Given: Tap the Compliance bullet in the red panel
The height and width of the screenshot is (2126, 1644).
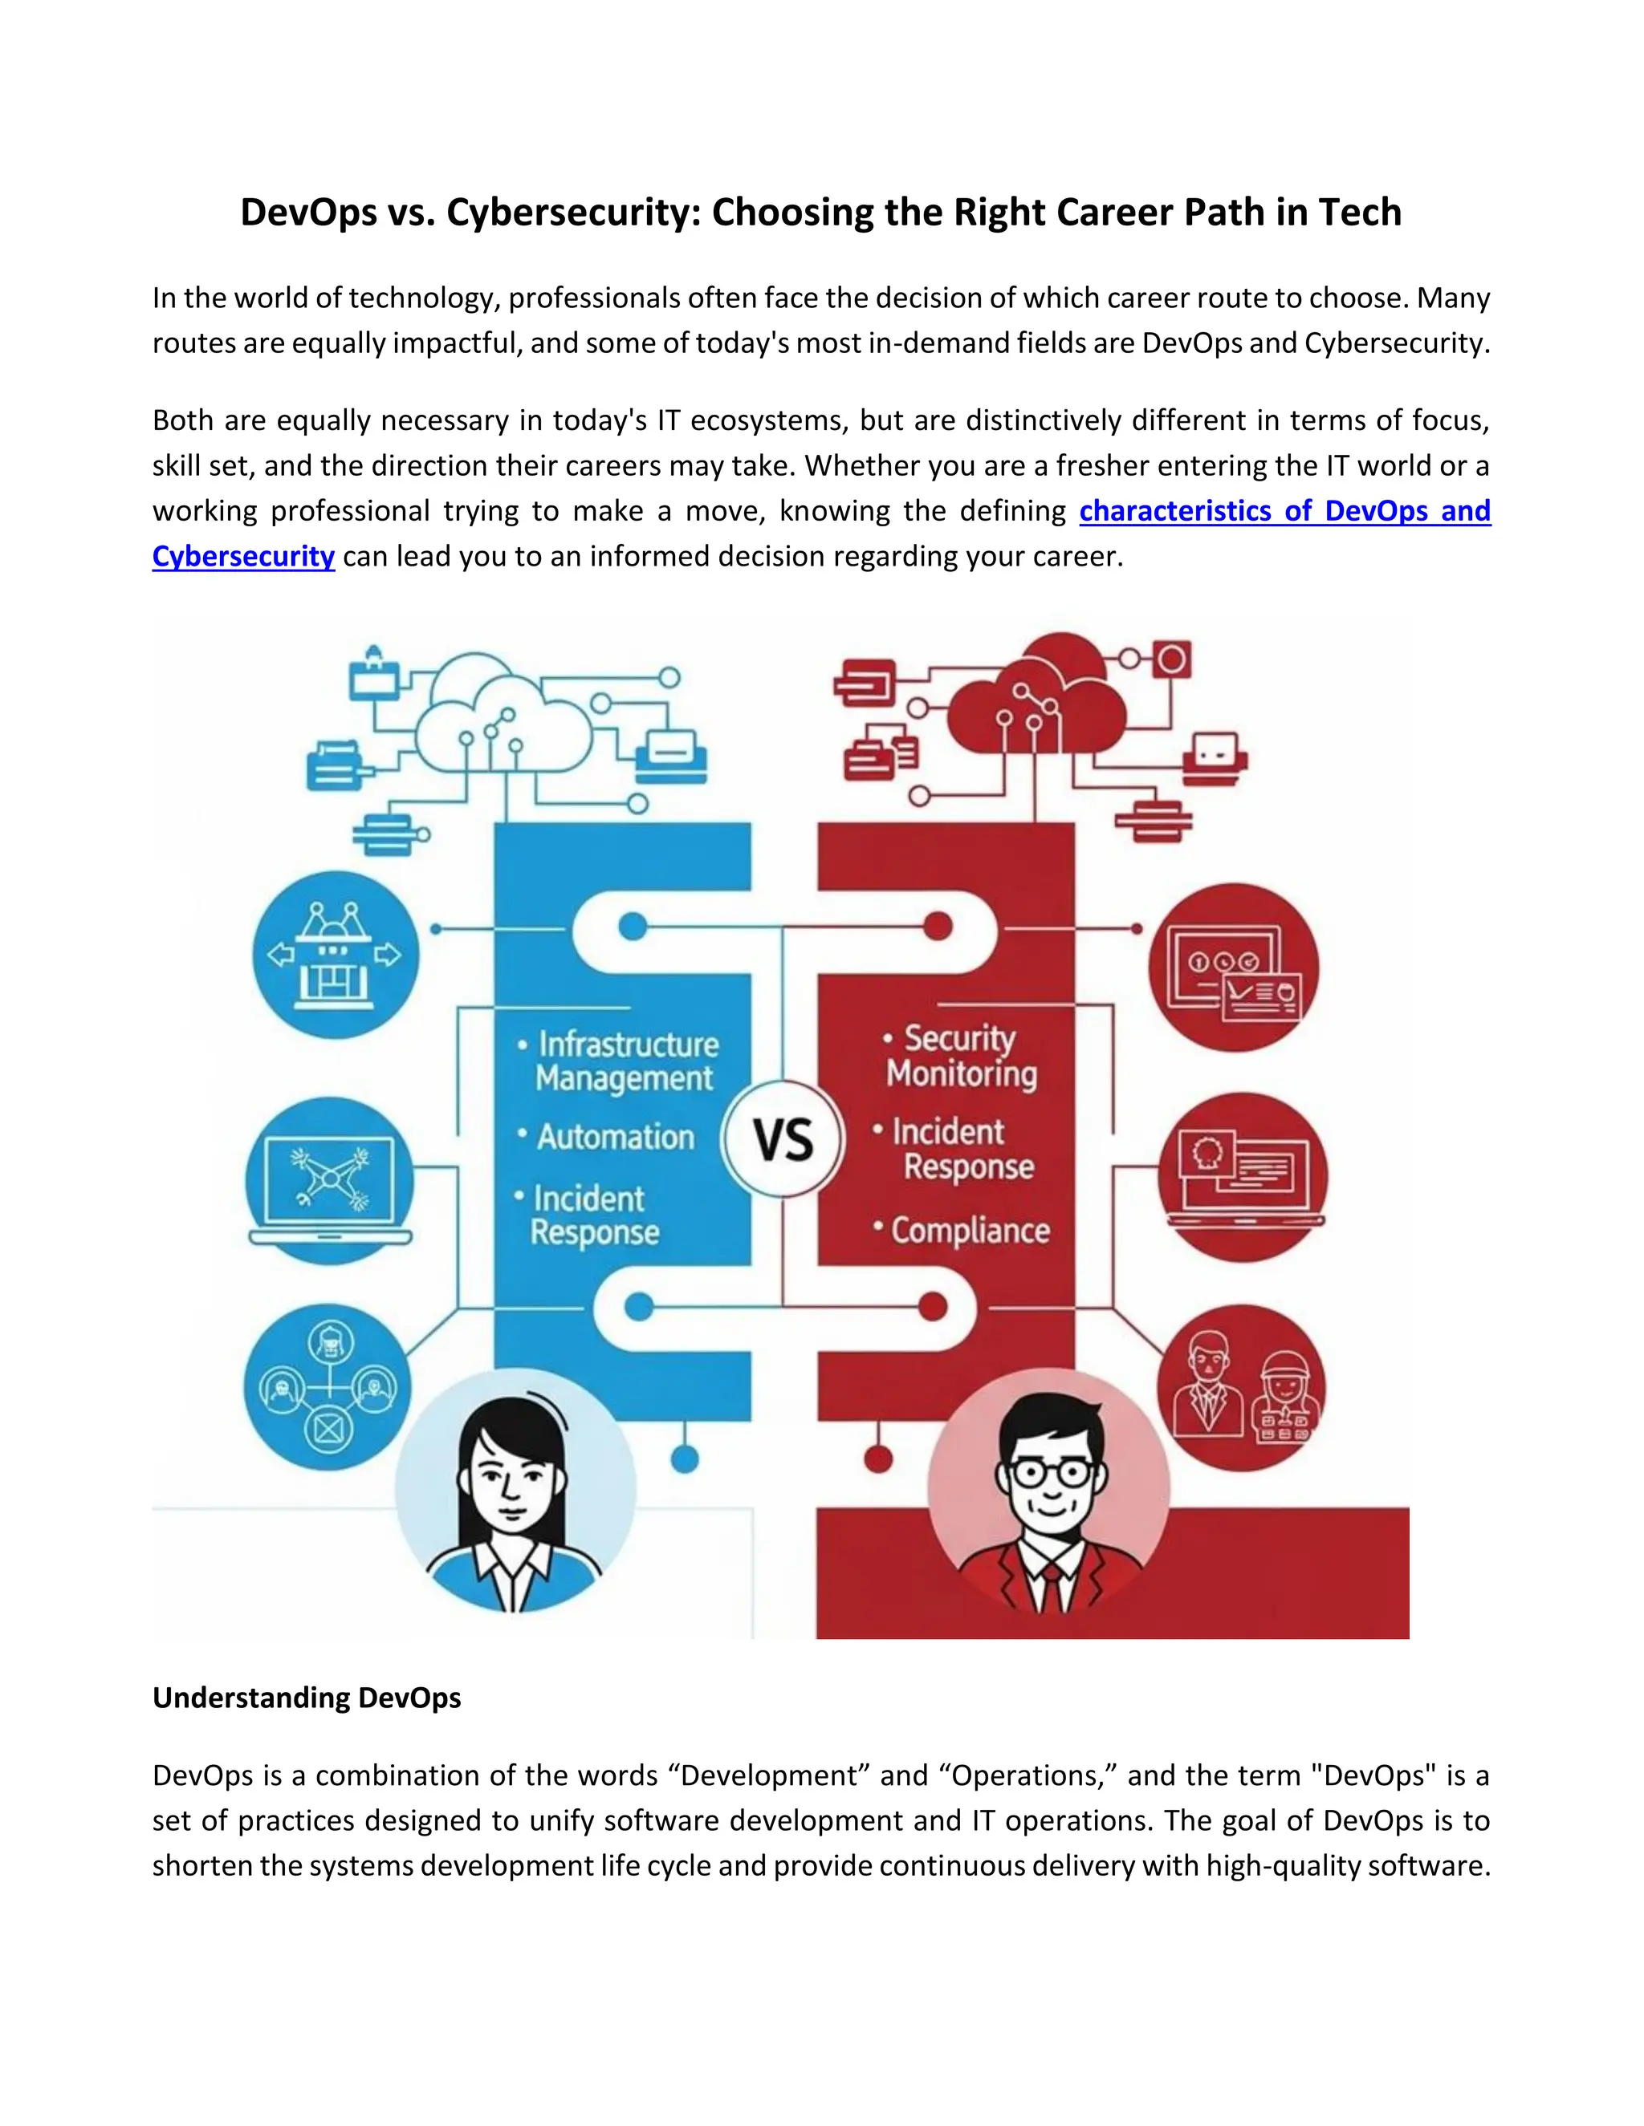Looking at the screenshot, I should click(970, 1231).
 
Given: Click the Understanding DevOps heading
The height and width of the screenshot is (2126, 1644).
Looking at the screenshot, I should click(307, 1698).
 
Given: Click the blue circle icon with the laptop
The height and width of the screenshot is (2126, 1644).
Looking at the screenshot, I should click(330, 1181).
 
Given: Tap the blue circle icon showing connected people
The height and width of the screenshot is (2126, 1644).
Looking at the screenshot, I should click(328, 1388).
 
